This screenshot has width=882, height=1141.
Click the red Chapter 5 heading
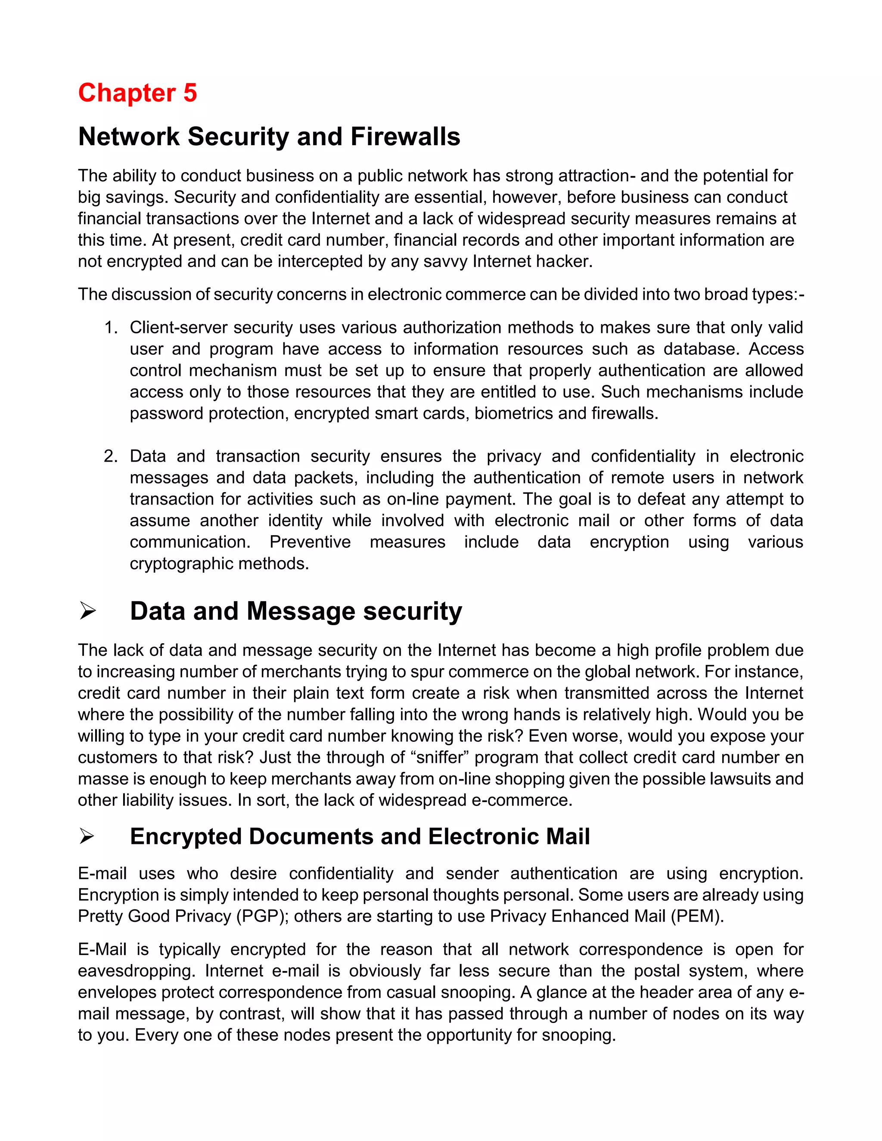(137, 93)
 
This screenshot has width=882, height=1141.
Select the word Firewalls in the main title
(405, 137)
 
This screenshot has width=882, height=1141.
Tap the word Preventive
(310, 542)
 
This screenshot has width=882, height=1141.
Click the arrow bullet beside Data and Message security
(87, 611)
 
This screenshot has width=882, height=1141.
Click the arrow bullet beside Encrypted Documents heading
(87, 837)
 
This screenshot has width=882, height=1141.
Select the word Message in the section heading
(301, 611)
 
